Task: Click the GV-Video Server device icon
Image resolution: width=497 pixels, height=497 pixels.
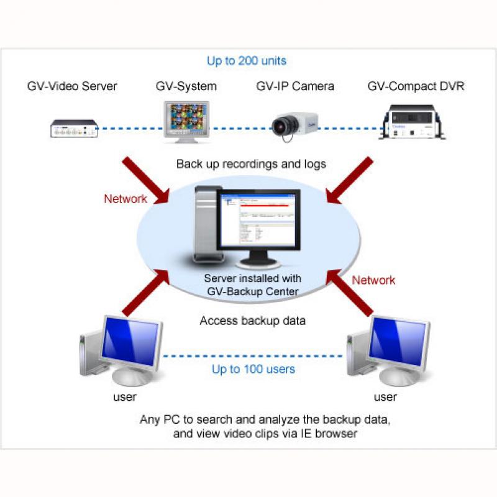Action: (x=74, y=129)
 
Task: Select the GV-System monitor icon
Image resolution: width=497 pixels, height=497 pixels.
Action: (x=186, y=122)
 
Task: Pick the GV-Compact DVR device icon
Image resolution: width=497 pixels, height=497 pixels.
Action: (x=412, y=122)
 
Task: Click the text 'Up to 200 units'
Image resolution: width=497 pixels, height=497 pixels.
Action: (x=247, y=60)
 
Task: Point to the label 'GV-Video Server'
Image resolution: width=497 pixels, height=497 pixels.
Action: (x=72, y=86)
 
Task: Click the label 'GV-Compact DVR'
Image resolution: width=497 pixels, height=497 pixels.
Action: (x=416, y=86)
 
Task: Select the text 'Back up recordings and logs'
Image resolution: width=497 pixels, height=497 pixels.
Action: (x=251, y=164)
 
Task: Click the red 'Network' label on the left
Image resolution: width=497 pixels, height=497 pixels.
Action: (x=125, y=199)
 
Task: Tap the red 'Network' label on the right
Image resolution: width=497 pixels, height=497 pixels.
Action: (x=373, y=280)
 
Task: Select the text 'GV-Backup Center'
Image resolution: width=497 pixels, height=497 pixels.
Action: (x=253, y=291)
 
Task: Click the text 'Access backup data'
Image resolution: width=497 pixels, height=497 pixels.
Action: (x=253, y=321)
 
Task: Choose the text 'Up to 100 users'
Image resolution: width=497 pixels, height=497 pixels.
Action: (x=253, y=369)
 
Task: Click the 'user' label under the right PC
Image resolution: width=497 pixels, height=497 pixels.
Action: (x=385, y=397)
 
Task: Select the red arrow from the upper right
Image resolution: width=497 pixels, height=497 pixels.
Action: (x=349, y=180)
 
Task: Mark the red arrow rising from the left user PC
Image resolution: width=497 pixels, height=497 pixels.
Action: (x=146, y=293)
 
